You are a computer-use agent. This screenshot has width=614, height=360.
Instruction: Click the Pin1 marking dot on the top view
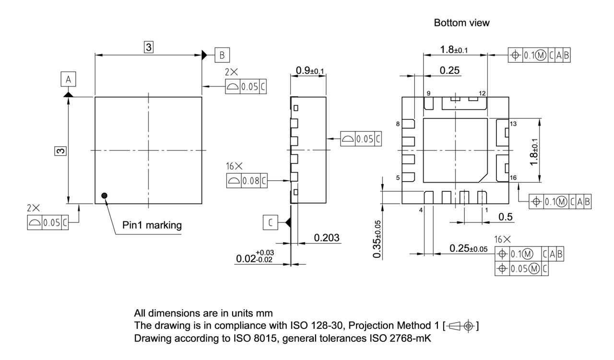point(104,195)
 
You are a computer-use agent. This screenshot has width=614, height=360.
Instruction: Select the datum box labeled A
point(69,79)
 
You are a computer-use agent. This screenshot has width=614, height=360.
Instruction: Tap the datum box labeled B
point(222,55)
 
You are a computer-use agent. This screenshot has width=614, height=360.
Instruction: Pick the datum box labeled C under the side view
point(271,222)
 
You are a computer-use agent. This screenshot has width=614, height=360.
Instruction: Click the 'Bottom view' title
point(461,23)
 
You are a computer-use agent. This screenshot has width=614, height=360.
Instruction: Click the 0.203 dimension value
point(327,238)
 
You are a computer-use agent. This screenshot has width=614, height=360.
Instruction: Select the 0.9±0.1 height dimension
point(310,70)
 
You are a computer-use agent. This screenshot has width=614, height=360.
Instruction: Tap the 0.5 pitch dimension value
point(505,217)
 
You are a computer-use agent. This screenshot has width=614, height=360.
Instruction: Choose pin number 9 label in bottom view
point(428,93)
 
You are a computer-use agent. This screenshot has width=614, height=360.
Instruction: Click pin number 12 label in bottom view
point(482,93)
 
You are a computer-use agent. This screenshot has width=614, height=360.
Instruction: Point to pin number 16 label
point(513,178)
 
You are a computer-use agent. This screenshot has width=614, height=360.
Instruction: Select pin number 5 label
point(398,178)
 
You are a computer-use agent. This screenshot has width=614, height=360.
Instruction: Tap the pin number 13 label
point(513,124)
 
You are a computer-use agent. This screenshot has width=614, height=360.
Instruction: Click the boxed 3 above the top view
point(149,47)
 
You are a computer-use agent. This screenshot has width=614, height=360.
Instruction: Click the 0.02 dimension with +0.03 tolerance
point(255,258)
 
